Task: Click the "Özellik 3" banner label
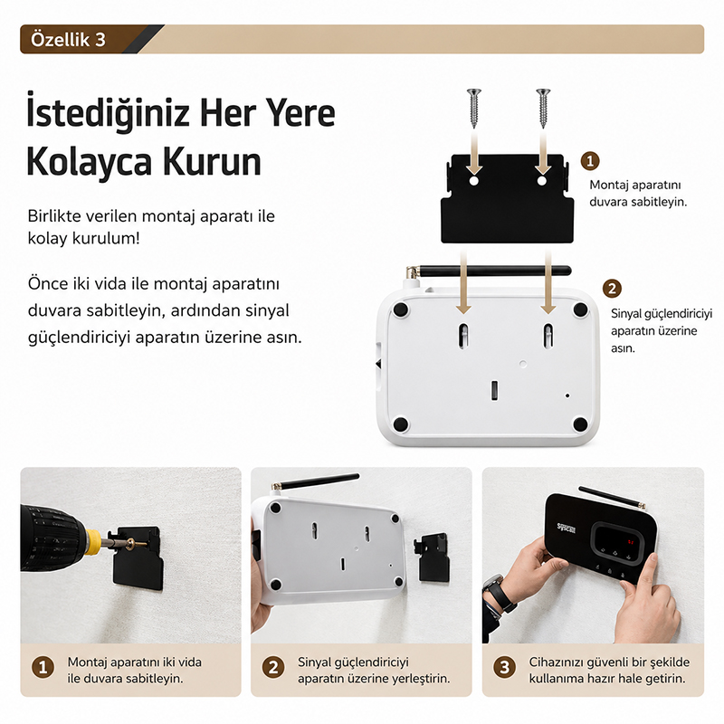click(x=69, y=40)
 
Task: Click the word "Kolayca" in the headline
click(x=89, y=162)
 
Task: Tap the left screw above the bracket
click(x=473, y=108)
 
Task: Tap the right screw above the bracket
click(x=543, y=108)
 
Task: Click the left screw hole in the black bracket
click(x=473, y=180)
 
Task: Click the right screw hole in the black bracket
click(x=542, y=180)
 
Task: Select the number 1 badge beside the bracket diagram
click(x=590, y=161)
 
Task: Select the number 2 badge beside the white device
click(x=612, y=289)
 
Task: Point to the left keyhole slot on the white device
click(x=463, y=336)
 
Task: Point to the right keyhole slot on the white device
click(x=548, y=336)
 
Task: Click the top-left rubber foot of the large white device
click(x=400, y=309)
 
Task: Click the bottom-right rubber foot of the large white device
click(x=580, y=424)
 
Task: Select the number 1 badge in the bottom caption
click(x=43, y=667)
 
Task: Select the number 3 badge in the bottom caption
click(x=505, y=667)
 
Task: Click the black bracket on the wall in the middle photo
click(x=433, y=557)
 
